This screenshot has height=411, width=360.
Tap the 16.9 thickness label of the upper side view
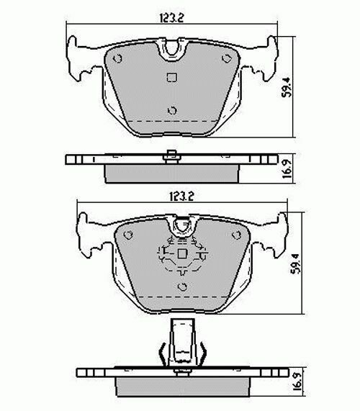pyautogui.click(x=287, y=168)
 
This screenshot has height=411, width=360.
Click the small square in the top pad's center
pyautogui.click(x=171, y=79)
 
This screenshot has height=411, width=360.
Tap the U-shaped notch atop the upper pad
pyautogui.click(x=171, y=50)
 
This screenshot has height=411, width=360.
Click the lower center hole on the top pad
pyautogui.click(x=171, y=110)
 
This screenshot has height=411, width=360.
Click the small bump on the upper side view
pyautogui.click(x=171, y=152)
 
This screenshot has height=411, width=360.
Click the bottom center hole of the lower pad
pyautogui.click(x=182, y=286)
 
